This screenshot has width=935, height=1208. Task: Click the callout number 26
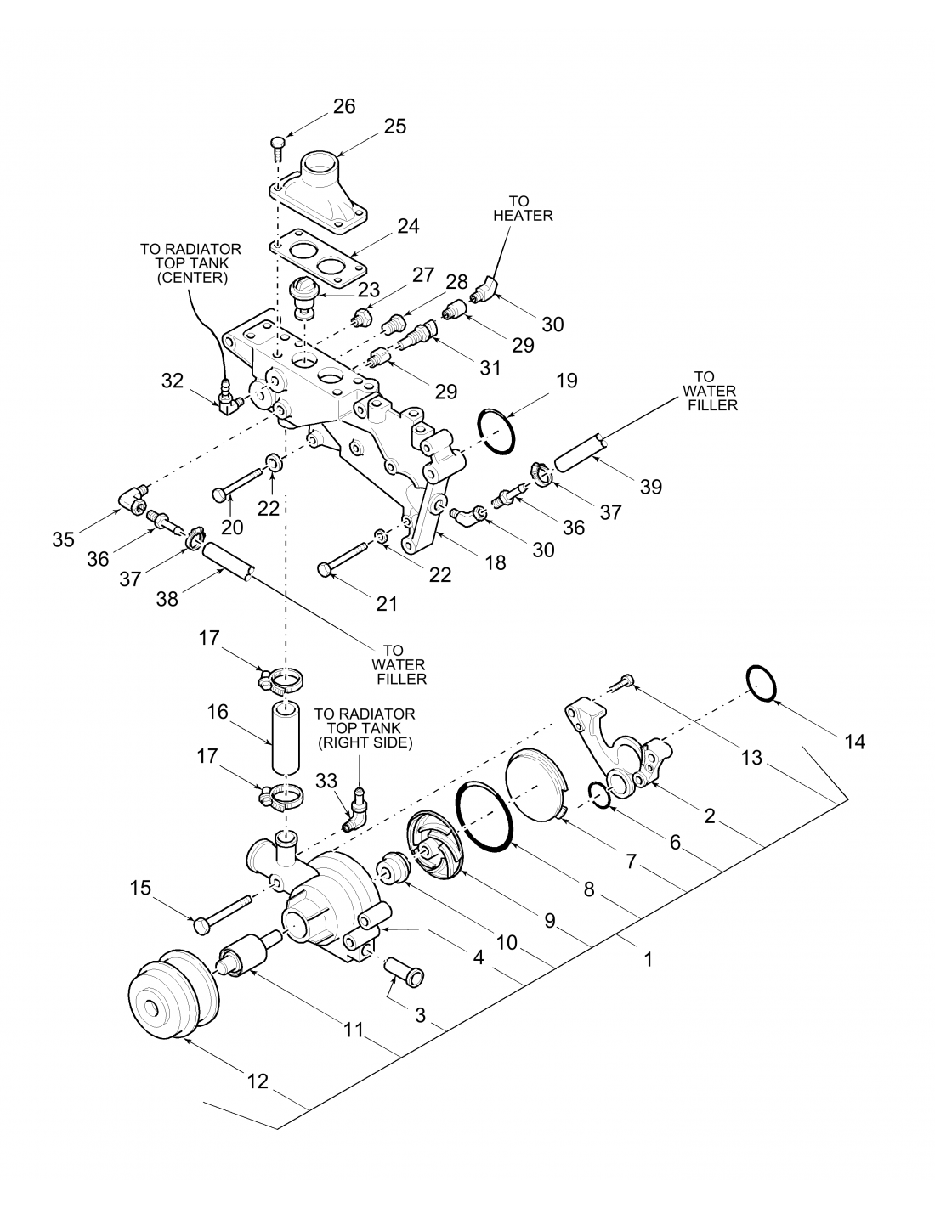(x=344, y=106)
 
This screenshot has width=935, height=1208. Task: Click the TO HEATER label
(x=523, y=208)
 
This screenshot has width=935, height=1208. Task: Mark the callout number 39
(x=651, y=486)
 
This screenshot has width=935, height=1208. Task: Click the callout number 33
(x=327, y=782)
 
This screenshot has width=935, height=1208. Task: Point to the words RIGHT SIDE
(x=365, y=742)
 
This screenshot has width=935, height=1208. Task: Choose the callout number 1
(x=649, y=959)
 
